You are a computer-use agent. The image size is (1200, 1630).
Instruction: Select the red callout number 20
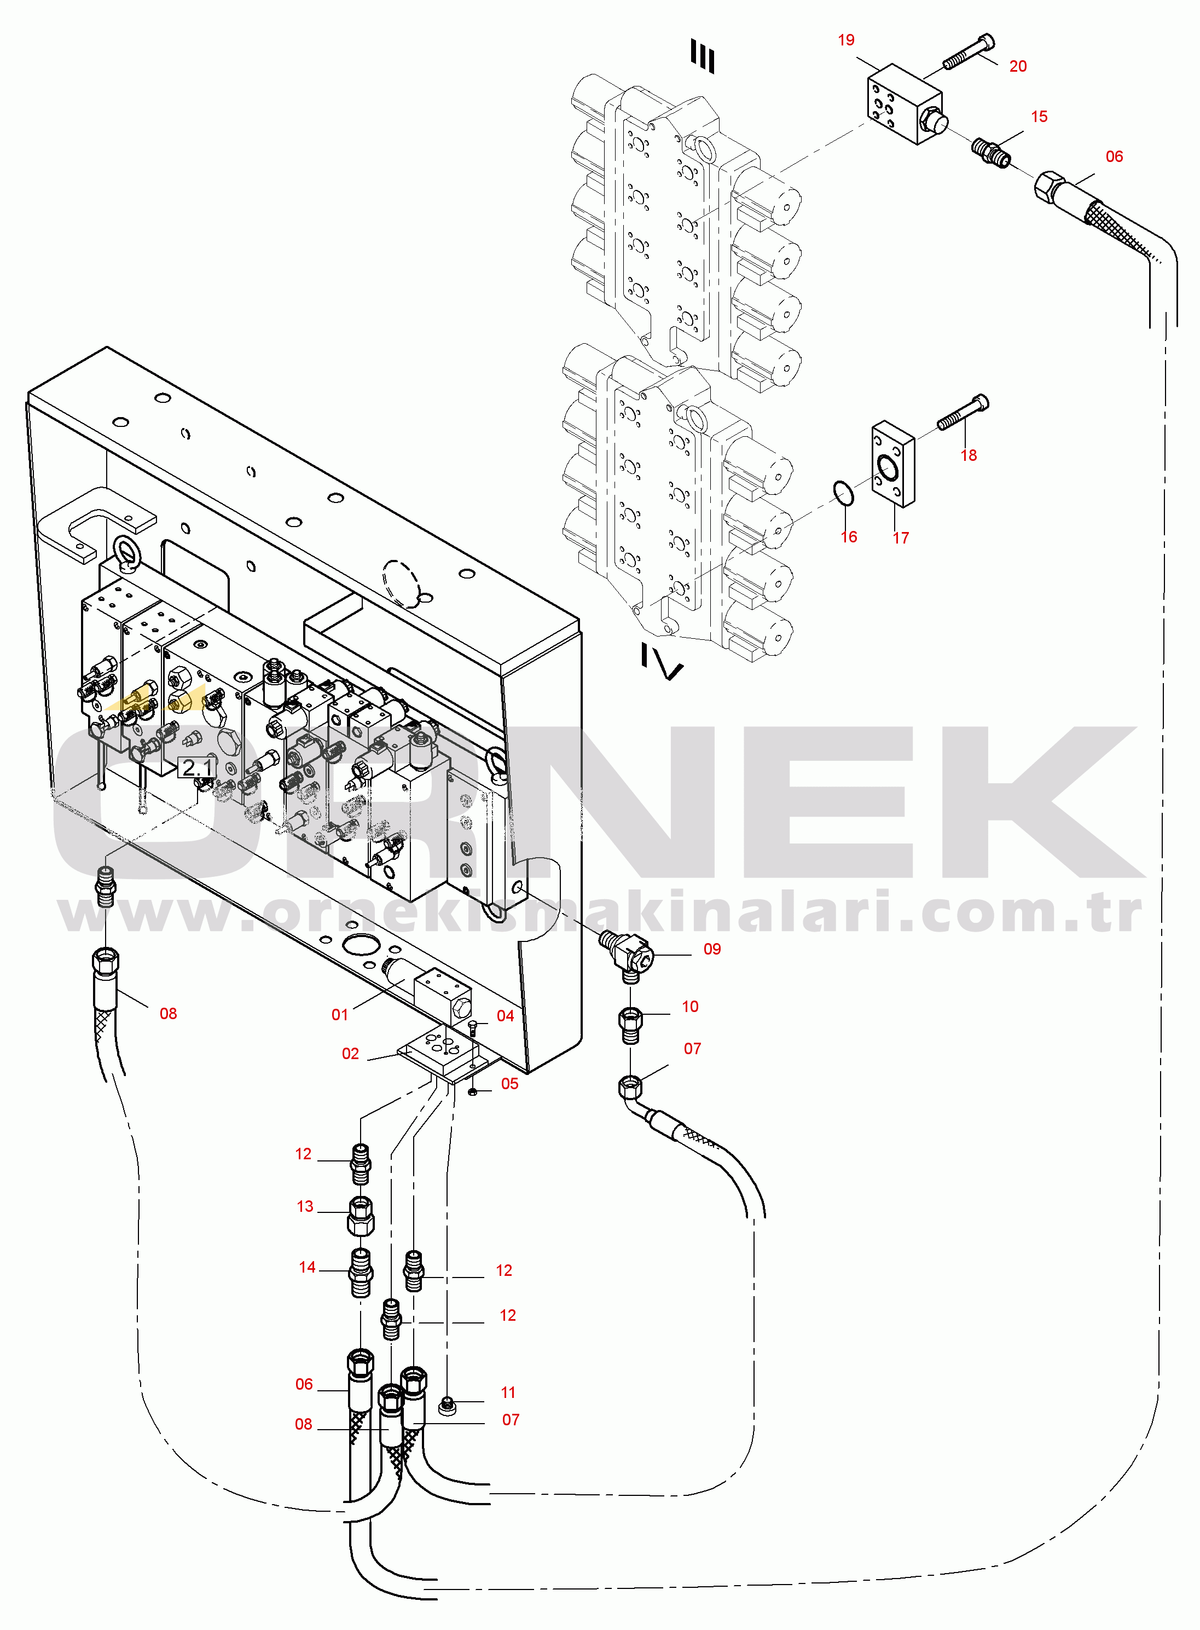1018,66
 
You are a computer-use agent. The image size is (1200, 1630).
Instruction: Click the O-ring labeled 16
843,493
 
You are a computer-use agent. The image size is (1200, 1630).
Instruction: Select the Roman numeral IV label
661,661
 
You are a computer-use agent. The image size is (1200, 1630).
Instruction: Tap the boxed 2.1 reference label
197,767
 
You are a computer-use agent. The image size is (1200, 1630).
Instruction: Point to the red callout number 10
689,1006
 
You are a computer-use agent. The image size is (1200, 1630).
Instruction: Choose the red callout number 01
340,1015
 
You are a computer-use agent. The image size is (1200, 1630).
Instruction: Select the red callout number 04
505,1015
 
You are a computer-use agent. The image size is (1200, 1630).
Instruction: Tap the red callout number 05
509,1084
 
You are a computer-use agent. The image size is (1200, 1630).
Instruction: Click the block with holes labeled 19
905,104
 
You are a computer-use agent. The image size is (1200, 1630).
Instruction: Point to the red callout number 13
305,1206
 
